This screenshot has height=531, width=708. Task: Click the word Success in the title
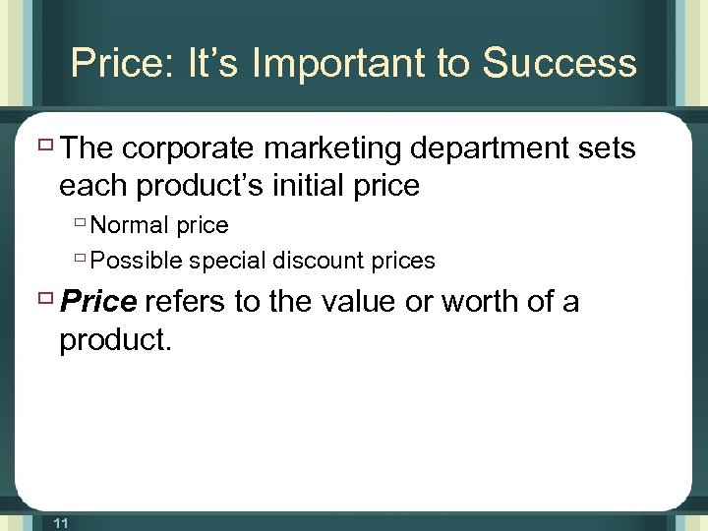560,63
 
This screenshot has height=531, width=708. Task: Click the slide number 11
60,523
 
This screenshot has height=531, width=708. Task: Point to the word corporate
187,148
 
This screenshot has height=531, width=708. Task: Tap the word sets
608,148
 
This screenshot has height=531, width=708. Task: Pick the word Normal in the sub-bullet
129,225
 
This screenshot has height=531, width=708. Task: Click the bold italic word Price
97,302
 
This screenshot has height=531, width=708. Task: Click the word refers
186,302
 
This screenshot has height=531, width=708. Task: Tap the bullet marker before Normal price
80,225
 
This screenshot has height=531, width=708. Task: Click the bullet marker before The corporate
45,147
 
